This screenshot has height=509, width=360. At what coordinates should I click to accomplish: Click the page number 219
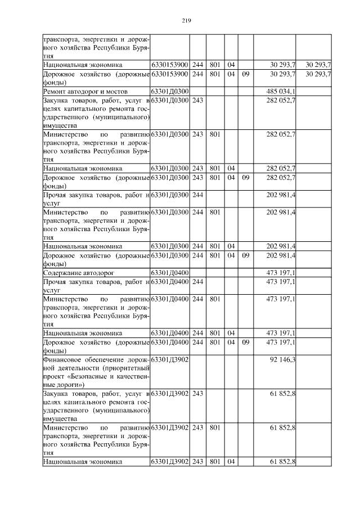[x=187, y=21]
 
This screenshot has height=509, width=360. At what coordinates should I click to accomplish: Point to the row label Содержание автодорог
[x=76, y=272]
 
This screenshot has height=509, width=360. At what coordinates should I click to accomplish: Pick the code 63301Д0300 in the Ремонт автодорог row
[x=169, y=91]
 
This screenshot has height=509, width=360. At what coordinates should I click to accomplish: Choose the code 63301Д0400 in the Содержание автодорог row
[x=169, y=272]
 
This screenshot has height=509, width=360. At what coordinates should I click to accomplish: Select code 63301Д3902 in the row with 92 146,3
[x=169, y=359]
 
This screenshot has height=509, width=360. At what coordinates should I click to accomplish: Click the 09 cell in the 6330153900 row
[x=245, y=74]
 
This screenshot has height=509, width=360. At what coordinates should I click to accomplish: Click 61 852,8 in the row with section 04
[x=285, y=461]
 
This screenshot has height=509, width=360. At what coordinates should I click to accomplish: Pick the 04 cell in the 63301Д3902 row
[x=231, y=461]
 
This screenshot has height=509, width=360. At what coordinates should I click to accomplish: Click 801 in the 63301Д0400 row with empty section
[x=214, y=299]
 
